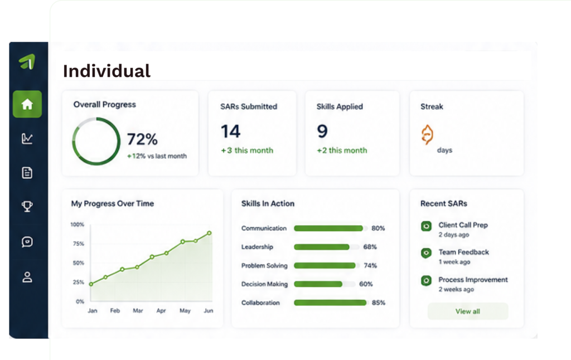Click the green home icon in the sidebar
[27, 104]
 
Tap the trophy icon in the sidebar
[27, 206]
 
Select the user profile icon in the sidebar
[27, 277]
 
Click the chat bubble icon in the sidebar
[27, 242]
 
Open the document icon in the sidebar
[27, 173]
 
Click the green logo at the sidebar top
[27, 61]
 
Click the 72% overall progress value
[142, 139]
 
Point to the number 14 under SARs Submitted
[230, 131]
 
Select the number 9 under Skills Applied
[322, 131]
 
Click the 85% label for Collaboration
[379, 303]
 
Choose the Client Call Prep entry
[463, 225]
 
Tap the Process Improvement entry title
[473, 280]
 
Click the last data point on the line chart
[210, 233]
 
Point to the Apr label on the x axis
[161, 310]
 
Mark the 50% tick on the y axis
[79, 263]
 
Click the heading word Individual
[107, 71]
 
